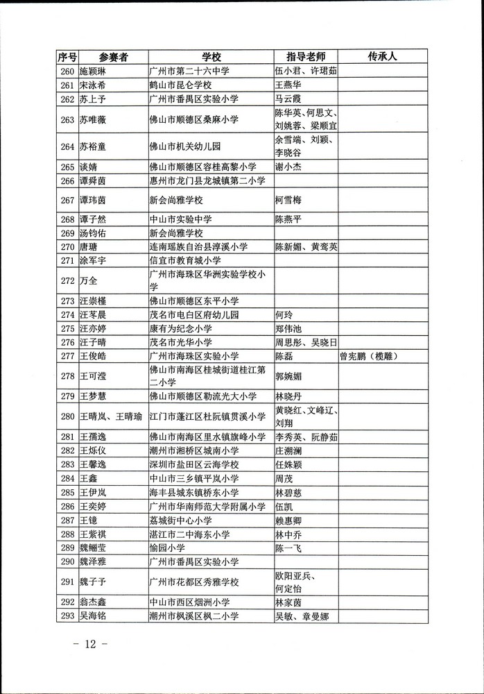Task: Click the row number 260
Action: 67,71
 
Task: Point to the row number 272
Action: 67,281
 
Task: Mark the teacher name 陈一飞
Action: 289,548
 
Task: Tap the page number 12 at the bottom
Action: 90,643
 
